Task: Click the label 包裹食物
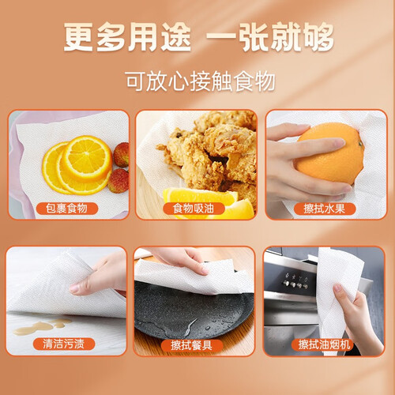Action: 66,209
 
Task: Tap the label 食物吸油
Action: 194,209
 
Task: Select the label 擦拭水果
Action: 325,209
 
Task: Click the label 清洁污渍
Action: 64,344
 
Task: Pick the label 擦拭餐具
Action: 192,345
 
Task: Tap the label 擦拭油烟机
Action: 325,344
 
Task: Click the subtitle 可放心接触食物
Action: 201,81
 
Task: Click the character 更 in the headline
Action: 78,37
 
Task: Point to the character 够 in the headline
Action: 318,37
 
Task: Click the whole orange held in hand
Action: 330,154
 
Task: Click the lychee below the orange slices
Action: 118,181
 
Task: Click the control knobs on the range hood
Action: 295,285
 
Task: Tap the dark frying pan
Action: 190,310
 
